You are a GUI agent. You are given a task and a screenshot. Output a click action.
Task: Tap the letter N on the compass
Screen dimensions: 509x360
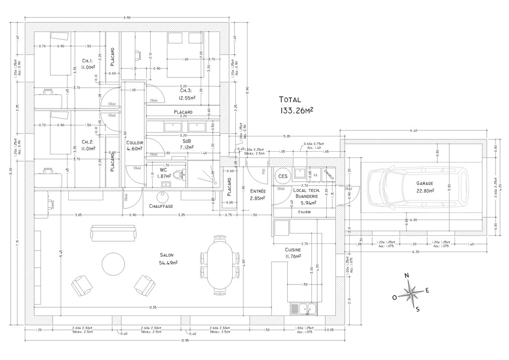click(x=406, y=276)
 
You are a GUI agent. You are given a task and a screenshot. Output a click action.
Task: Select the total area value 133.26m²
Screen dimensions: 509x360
click(x=296, y=109)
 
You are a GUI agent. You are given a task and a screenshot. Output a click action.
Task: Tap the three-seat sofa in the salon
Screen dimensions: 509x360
click(x=113, y=233)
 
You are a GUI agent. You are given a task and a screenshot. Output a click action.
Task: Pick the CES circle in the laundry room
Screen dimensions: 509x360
click(x=283, y=176)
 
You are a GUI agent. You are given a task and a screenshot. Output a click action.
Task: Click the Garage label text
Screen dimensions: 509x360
click(x=425, y=184)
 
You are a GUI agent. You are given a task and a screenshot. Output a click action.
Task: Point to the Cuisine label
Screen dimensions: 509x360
click(x=293, y=249)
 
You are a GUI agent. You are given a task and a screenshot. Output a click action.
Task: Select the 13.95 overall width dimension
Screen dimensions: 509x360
click(x=185, y=340)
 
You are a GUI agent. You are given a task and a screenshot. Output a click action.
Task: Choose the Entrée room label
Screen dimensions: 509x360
click(x=257, y=191)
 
